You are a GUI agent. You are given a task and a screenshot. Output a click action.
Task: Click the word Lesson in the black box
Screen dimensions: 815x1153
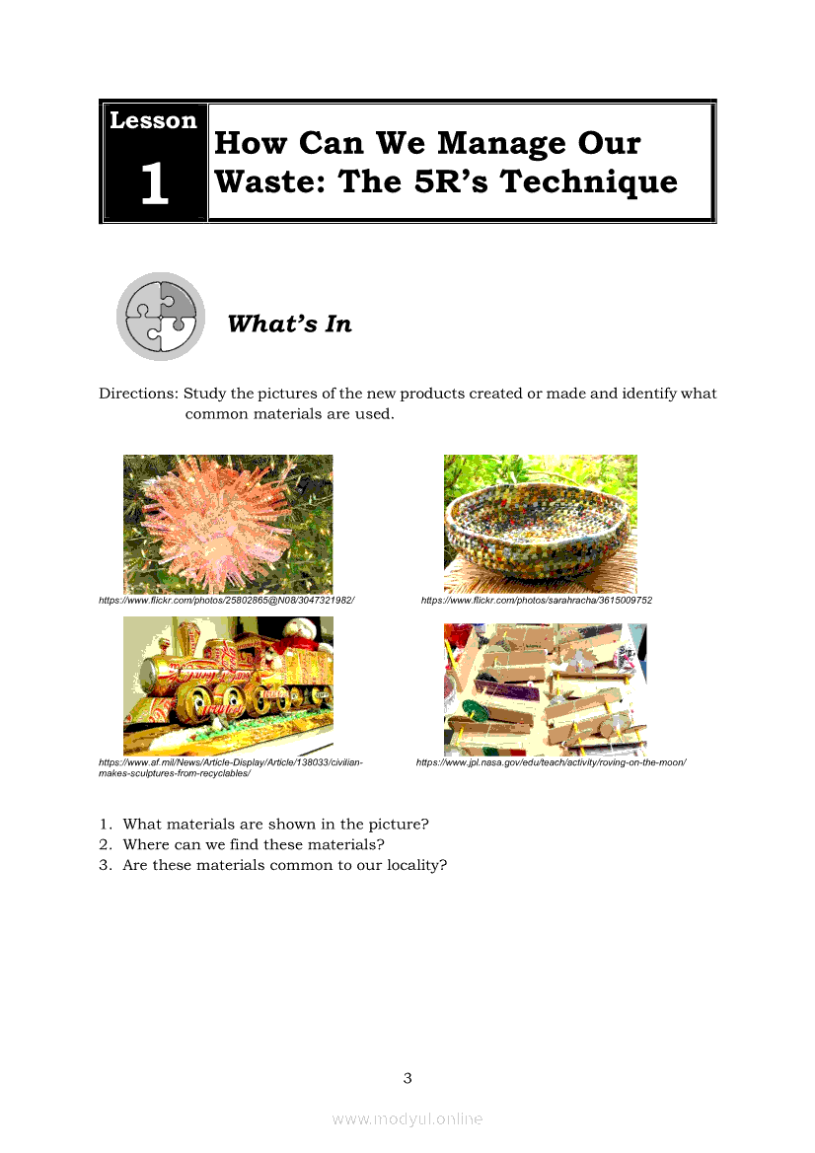[153, 120]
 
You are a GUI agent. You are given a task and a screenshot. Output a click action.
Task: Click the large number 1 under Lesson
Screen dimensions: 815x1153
[155, 182]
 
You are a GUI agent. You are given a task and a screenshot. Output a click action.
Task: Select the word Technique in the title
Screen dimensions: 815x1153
[588, 183]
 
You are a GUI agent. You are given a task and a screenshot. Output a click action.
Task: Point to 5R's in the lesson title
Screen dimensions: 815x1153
[451, 181]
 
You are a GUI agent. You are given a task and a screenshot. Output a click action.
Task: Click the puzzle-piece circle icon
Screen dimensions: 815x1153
[161, 317]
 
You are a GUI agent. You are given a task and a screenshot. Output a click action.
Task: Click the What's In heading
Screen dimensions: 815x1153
[290, 324]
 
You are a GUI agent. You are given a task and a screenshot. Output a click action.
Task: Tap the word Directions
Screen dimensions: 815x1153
[138, 394]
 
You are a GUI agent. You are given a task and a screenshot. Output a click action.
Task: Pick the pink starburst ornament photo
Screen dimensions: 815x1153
[228, 524]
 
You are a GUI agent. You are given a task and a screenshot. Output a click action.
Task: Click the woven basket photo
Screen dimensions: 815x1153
[541, 524]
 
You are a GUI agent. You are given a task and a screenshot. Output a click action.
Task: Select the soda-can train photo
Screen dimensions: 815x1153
[228, 685]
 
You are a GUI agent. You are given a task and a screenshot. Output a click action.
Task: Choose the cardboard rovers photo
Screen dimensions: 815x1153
[545, 689]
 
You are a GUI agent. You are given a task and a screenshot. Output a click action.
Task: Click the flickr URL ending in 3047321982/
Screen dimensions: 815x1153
[227, 600]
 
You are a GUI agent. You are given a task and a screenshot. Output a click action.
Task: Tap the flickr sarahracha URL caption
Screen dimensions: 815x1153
[536, 600]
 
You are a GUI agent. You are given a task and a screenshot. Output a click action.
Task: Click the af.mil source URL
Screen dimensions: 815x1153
[231, 767]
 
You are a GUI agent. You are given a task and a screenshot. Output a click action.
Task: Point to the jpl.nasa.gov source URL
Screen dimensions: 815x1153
[551, 762]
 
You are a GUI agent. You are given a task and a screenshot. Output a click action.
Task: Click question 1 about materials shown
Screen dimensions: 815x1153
[264, 825]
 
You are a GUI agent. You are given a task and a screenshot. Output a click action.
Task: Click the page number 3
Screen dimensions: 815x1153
[407, 1078]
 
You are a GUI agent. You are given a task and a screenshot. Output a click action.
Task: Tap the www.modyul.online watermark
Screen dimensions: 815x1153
[407, 1119]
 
